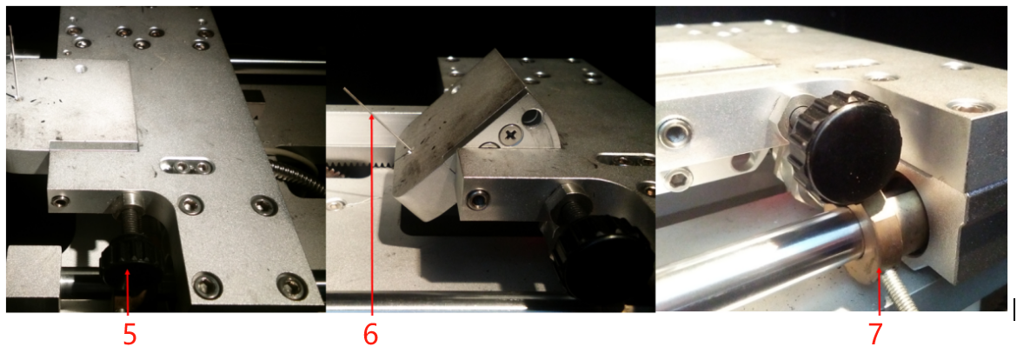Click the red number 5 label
pyautogui.click(x=130, y=335)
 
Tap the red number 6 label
pyautogui.click(x=370, y=335)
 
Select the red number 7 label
pyautogui.click(x=875, y=335)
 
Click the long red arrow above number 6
pyautogui.click(x=372, y=214)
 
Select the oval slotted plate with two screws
pyautogui.click(x=187, y=167)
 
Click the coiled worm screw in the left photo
pyautogui.click(x=296, y=176)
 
